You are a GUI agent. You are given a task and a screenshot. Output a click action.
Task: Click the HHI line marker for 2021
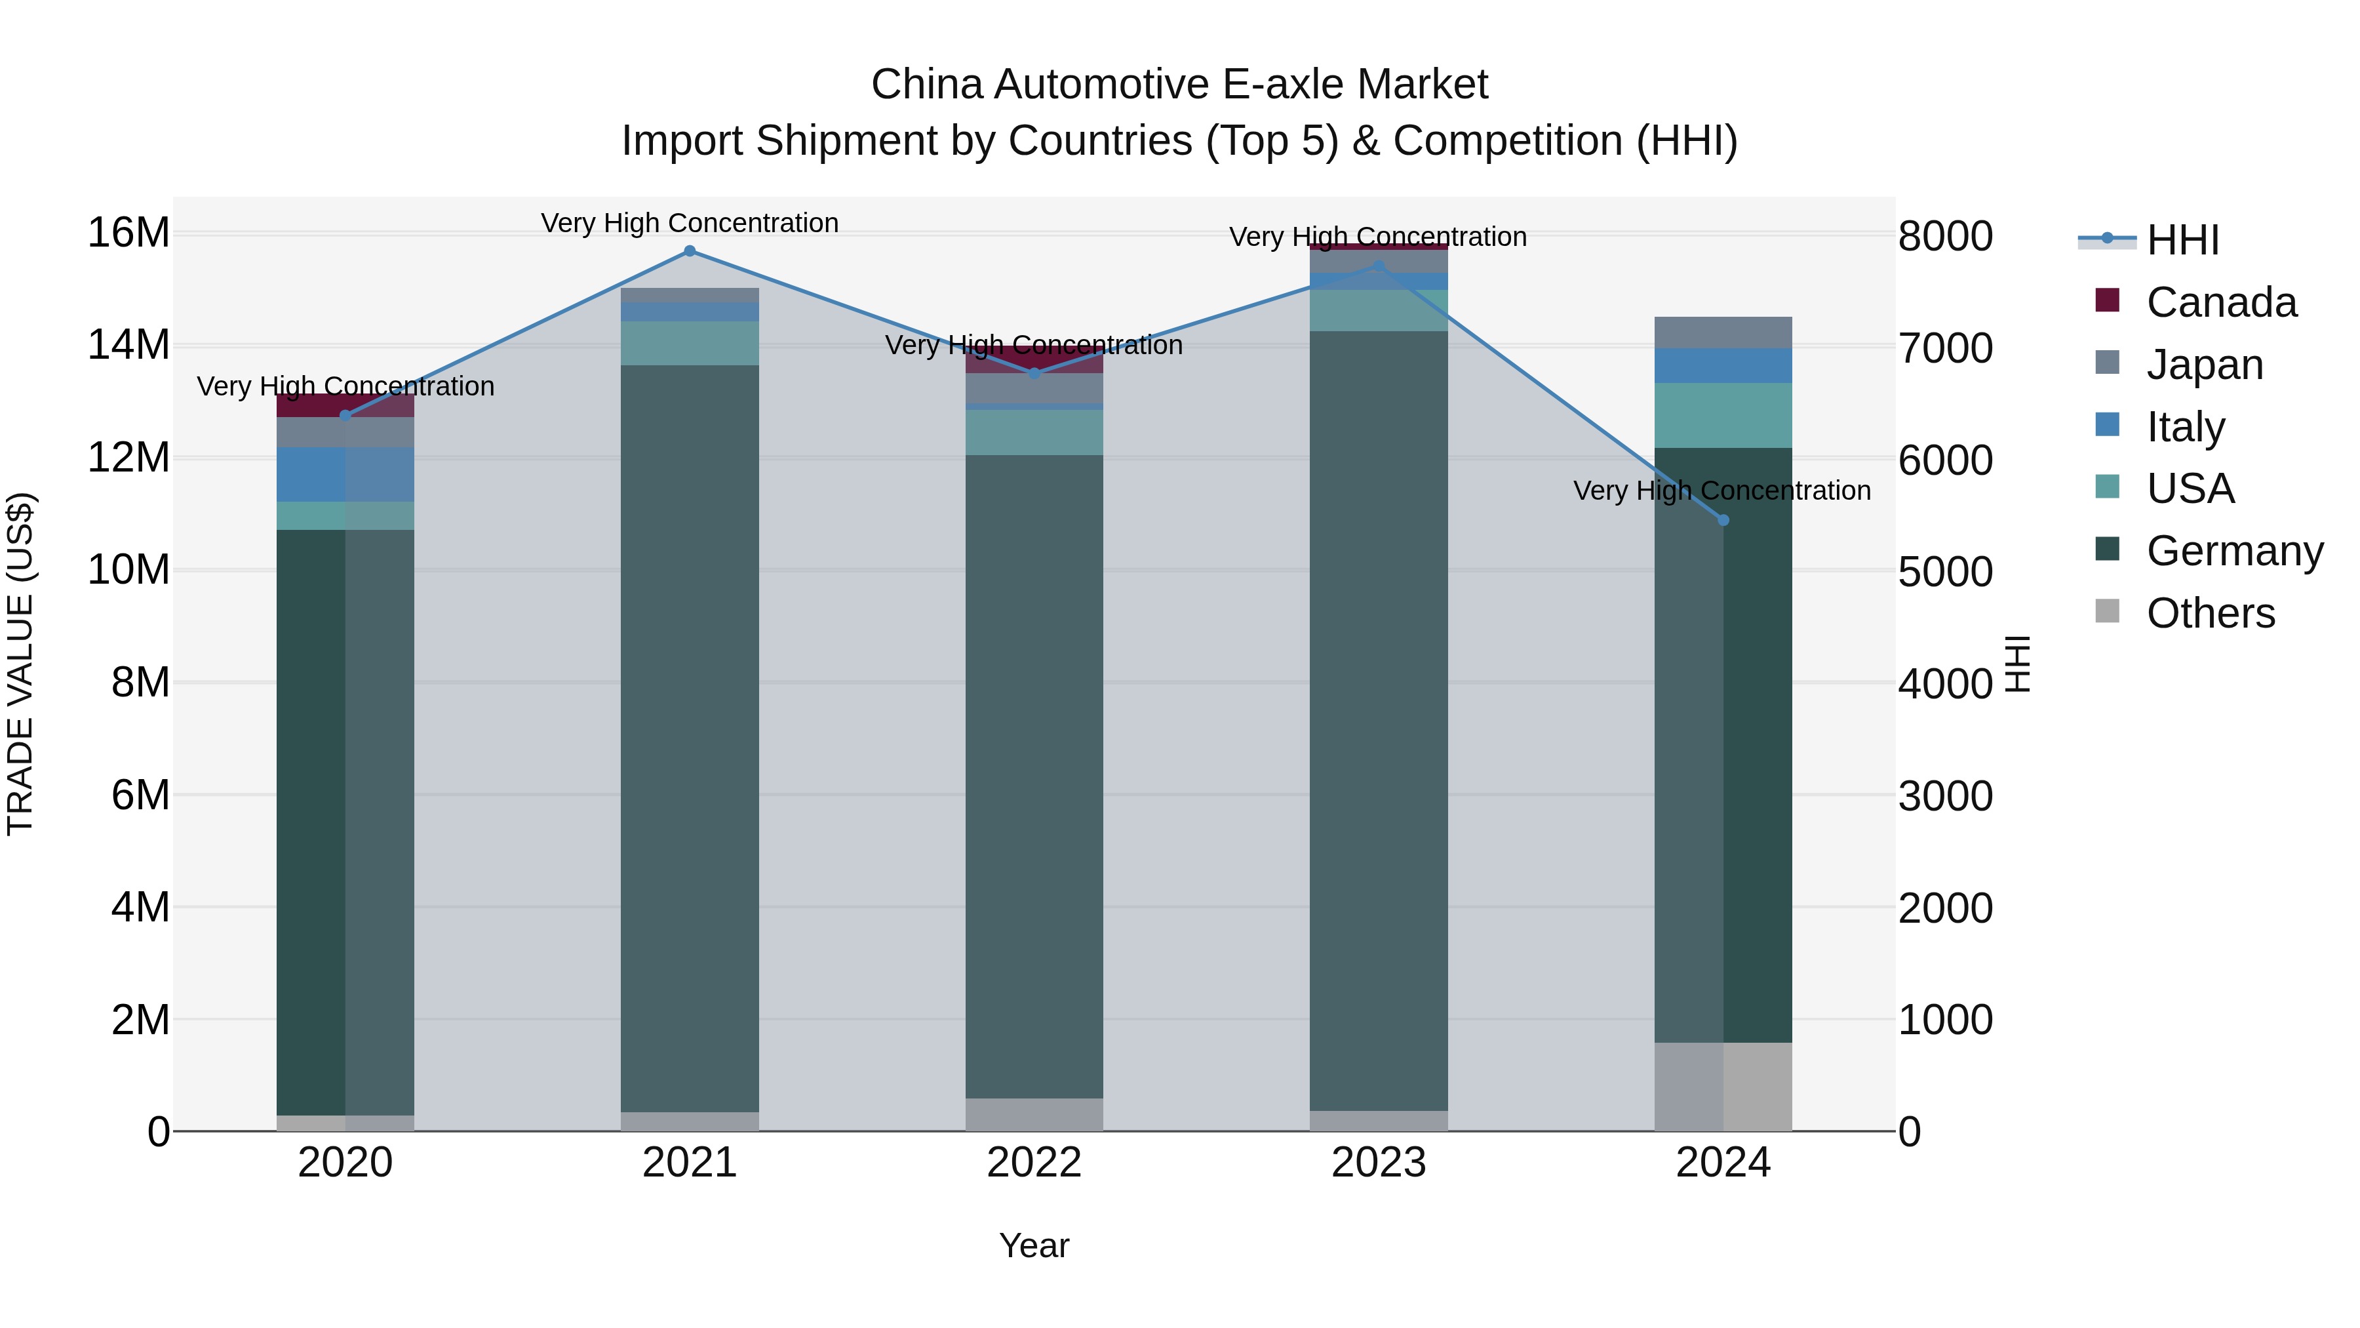point(690,251)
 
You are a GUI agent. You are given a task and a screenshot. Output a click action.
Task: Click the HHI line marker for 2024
point(1723,519)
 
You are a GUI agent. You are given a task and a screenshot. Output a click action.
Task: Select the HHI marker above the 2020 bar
point(345,415)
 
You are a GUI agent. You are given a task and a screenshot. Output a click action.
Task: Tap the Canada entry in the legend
point(2221,302)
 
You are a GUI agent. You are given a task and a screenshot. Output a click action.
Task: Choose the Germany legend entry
point(2233,551)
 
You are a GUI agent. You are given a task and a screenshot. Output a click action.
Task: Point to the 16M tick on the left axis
point(128,233)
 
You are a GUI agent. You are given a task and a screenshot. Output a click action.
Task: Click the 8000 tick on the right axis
point(1944,237)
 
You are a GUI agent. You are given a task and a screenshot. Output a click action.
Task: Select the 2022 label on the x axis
point(1034,1163)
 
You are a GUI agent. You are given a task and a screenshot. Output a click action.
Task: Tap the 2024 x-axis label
point(1723,1163)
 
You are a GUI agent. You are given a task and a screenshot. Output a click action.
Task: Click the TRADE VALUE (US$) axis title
point(20,664)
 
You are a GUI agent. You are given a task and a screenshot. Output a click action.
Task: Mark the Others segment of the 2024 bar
point(1723,1086)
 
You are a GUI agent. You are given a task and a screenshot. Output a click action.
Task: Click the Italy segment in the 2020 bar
point(345,474)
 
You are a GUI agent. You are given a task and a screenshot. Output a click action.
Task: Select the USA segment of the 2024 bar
point(1723,415)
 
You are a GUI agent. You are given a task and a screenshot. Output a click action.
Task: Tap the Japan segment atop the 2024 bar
point(1723,332)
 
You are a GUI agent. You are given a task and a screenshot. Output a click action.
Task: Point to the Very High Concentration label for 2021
point(690,223)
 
